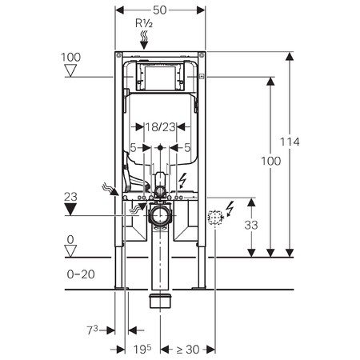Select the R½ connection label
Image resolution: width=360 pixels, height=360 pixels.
pos(144,25)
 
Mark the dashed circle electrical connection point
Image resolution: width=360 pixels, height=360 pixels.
pos(214,218)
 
